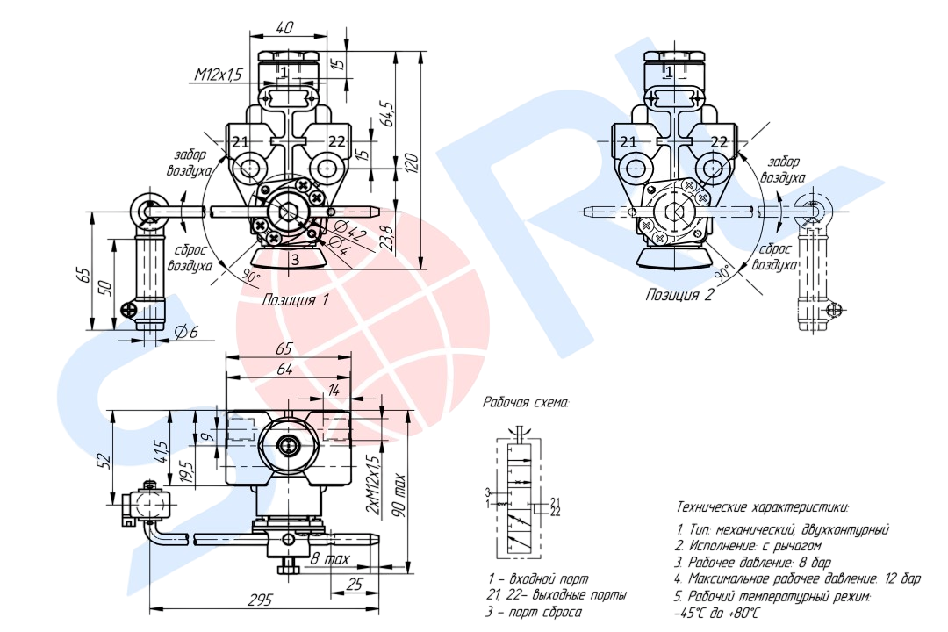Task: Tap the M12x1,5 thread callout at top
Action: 218,75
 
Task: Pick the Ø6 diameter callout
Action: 185,332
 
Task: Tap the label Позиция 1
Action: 295,300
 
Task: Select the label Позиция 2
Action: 679,295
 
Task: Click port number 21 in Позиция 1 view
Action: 241,141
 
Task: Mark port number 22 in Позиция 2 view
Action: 718,141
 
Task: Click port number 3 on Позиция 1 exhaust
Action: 295,259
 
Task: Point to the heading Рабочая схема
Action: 526,403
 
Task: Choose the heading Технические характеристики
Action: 762,506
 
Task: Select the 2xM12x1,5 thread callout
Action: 372,485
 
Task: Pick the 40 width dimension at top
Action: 284,27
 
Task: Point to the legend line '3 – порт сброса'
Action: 534,613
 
